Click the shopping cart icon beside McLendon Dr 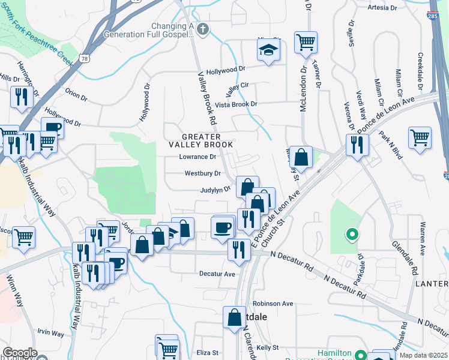[x=306, y=43]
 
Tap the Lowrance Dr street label [x=197, y=157]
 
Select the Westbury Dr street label [x=202, y=173]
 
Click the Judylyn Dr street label [x=215, y=190]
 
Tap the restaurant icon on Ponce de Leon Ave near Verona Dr [x=357, y=145]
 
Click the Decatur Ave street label [x=217, y=274]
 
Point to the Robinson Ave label [x=273, y=304]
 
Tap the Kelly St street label [x=268, y=347]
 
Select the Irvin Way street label [x=50, y=333]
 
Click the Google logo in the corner [x=19, y=353]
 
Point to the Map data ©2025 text [x=423, y=355]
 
